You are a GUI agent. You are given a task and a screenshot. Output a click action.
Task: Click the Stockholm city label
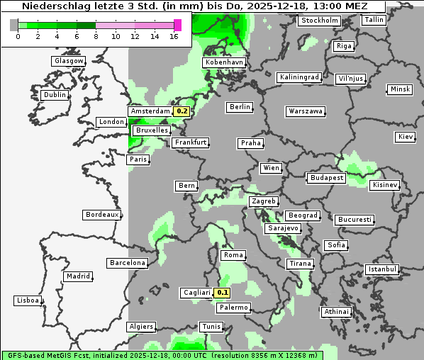319,21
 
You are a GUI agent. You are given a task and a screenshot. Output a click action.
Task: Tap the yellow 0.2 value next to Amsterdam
182,111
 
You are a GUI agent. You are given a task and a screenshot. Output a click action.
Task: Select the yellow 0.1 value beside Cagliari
223,293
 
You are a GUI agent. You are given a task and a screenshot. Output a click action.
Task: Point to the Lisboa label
28,300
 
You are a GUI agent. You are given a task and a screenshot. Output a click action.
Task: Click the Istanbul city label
382,269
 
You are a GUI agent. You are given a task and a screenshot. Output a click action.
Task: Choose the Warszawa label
306,111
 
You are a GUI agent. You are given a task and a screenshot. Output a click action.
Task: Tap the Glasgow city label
69,61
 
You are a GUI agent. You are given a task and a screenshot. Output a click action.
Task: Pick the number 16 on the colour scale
174,35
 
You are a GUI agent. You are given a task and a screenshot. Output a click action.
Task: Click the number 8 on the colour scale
96,35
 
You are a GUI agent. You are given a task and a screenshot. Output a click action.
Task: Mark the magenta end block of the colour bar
177,26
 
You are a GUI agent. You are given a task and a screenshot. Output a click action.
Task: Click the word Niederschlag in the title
49,6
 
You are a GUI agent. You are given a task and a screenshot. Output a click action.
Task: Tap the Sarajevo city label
283,229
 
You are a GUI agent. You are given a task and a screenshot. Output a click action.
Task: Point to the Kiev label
406,136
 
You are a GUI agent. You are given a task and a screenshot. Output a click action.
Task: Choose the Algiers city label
140,327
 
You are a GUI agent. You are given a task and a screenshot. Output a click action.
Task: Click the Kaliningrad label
300,77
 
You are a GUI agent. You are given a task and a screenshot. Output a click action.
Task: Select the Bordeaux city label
102,215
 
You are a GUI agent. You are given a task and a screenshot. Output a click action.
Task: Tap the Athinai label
336,312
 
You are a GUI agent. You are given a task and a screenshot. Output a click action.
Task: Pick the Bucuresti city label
354,220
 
